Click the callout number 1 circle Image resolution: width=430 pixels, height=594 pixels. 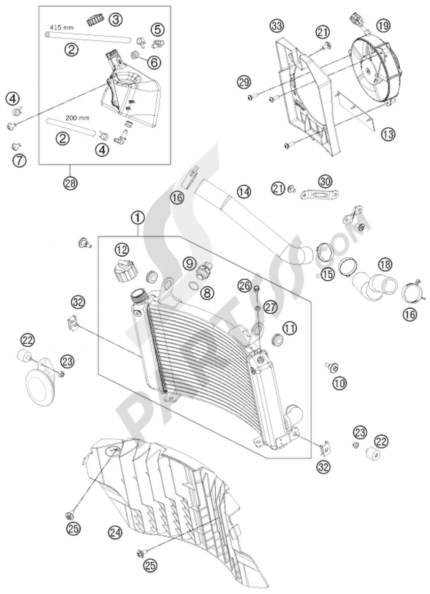point(138,218)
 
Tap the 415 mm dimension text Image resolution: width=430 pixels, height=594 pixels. point(61,28)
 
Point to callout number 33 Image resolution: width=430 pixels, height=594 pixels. point(277,25)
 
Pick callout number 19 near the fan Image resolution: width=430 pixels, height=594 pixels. point(384,25)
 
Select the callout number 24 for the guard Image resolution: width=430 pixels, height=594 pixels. point(115,533)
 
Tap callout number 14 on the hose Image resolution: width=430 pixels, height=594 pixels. point(244,191)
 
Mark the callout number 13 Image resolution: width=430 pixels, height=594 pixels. point(388,134)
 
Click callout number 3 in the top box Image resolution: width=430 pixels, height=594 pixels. point(115,19)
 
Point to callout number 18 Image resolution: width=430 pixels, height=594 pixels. point(385,265)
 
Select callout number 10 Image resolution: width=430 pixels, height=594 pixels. point(340,383)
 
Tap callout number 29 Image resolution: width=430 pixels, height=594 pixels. point(244,82)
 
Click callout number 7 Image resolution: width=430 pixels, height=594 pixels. point(19,160)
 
